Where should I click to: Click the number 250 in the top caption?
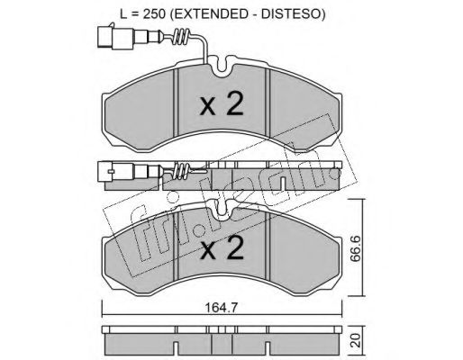[155, 14]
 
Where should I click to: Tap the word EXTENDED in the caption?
[207, 14]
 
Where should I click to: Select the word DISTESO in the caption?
[290, 14]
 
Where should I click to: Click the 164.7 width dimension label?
[222, 308]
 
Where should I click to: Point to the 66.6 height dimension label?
[356, 248]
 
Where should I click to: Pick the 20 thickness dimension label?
[356, 340]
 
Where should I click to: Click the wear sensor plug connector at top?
[115, 37]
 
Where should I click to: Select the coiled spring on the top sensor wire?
[182, 38]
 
